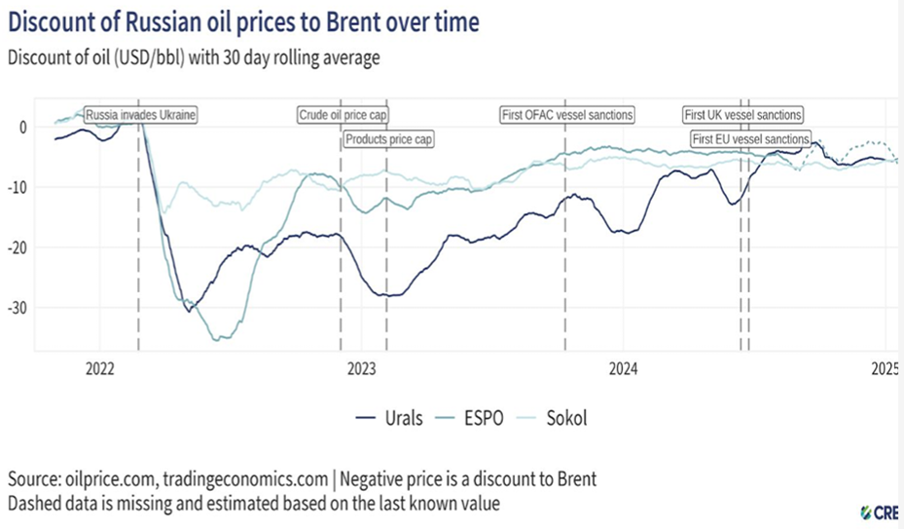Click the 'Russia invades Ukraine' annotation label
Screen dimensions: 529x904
(141, 115)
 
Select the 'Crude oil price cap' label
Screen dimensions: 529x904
(343, 115)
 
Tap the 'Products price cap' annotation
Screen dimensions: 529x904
(388, 139)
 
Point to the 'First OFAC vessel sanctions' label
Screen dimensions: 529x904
(567, 115)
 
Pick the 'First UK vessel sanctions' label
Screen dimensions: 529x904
(743, 115)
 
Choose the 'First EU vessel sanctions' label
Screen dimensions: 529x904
(750, 139)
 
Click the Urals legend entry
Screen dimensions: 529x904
(390, 419)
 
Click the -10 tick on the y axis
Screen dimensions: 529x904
(17, 187)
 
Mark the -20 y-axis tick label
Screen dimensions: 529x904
(17, 247)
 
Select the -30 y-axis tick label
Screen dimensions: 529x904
(17, 308)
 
